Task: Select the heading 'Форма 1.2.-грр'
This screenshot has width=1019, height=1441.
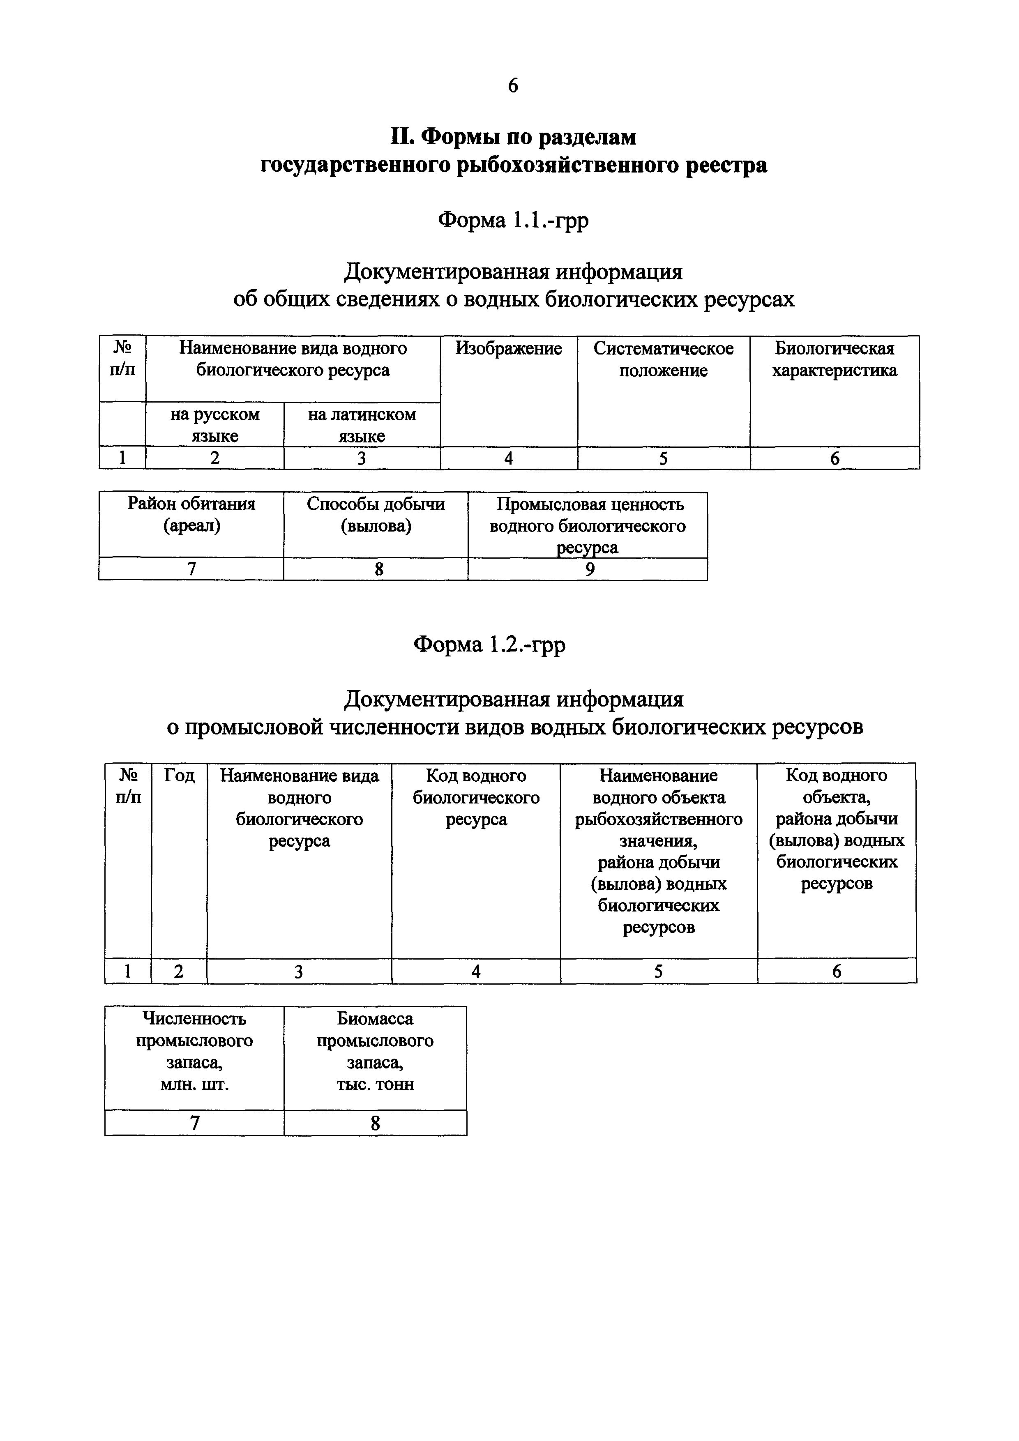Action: click(x=490, y=645)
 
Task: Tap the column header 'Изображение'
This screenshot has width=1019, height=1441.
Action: click(x=509, y=349)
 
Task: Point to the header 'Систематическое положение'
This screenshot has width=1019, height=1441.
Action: click(x=663, y=359)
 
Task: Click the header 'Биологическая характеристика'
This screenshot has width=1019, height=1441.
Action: click(x=835, y=359)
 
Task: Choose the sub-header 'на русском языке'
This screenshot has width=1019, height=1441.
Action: click(x=215, y=425)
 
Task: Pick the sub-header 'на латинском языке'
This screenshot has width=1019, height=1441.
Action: click(x=362, y=425)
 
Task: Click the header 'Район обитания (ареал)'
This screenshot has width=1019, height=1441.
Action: click(x=191, y=515)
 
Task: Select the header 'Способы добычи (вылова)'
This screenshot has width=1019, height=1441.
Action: click(x=376, y=515)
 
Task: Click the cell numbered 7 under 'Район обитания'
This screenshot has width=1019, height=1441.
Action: click(x=191, y=569)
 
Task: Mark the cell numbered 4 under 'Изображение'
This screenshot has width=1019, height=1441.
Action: click(x=509, y=459)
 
